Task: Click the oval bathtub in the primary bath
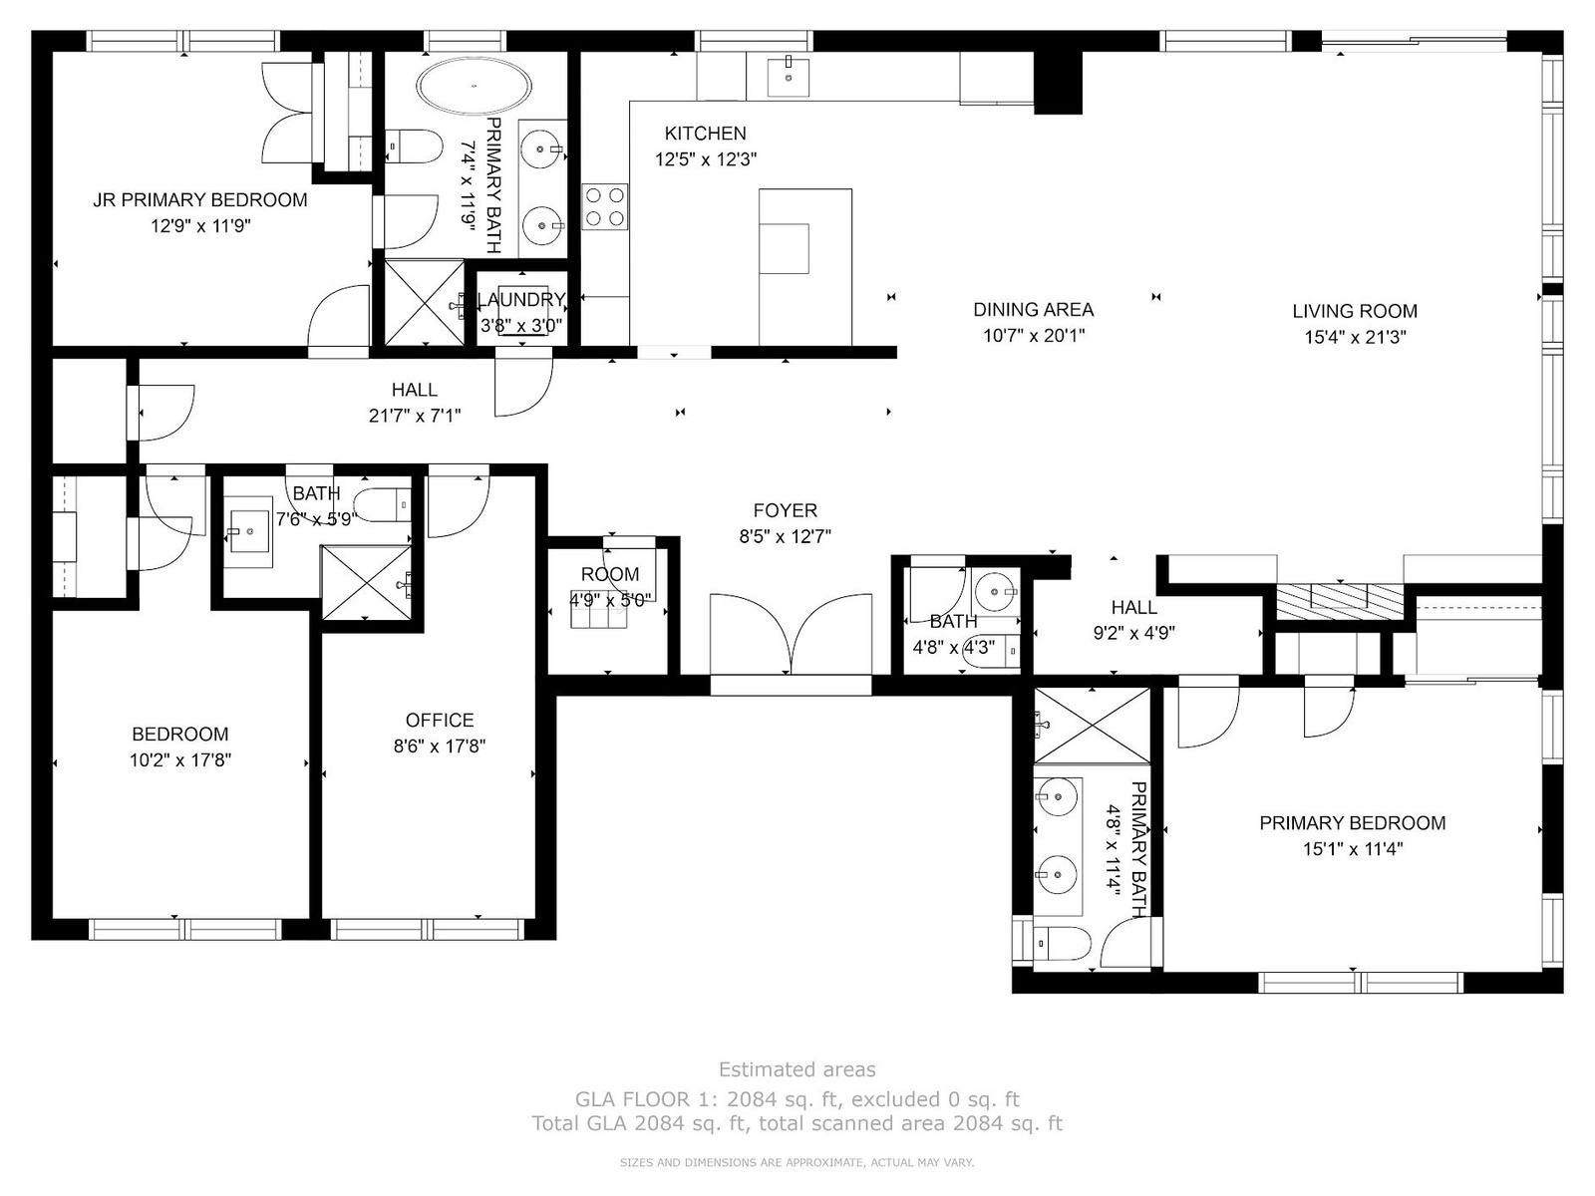click(474, 86)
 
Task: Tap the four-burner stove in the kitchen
click(604, 207)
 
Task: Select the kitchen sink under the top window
click(788, 77)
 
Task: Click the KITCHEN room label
click(706, 134)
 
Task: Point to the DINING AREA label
click(1034, 310)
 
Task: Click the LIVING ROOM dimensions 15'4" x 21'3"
click(1355, 337)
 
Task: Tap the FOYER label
click(786, 510)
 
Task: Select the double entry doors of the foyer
click(791, 635)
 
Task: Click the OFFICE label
click(440, 721)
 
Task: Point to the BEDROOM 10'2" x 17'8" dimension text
click(180, 760)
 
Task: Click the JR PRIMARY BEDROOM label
click(199, 200)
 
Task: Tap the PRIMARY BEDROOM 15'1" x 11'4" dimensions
click(1353, 849)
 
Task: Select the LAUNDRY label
click(521, 299)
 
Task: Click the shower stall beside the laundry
click(424, 302)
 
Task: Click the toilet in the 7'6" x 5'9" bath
click(382, 504)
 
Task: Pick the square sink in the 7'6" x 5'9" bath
click(248, 531)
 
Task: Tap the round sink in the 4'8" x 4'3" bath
click(995, 593)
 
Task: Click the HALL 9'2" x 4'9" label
click(1134, 620)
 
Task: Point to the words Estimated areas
click(797, 1069)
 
